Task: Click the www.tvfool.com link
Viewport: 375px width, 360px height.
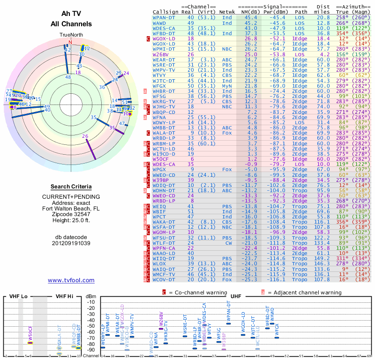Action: click(x=71, y=280)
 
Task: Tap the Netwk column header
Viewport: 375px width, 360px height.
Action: click(x=227, y=12)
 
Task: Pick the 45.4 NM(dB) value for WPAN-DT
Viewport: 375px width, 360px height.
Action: click(x=249, y=17)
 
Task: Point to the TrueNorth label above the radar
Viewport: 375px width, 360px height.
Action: click(x=70, y=35)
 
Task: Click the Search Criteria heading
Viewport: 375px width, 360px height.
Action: click(x=70, y=186)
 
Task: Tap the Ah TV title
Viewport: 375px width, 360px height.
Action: click(x=71, y=14)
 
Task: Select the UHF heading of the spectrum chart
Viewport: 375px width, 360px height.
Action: click(x=236, y=297)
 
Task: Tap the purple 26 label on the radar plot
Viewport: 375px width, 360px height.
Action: click(x=85, y=136)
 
